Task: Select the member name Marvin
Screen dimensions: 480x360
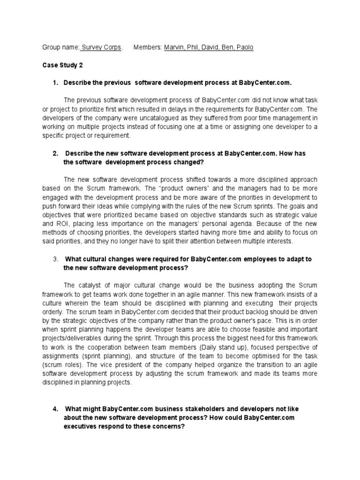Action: coord(174,48)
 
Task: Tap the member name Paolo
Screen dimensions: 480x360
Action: coord(244,48)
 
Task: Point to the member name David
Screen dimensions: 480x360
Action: coord(212,48)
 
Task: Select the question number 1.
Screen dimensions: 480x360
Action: coord(55,83)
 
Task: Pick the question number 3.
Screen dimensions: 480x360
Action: coord(55,259)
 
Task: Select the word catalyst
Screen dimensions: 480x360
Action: coord(88,285)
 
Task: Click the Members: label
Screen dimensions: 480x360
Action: coord(148,48)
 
